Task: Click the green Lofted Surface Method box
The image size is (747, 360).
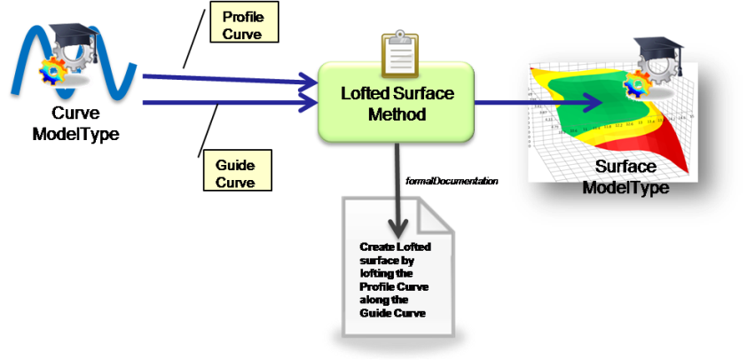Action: [x=397, y=100]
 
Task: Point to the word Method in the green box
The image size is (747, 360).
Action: [x=397, y=114]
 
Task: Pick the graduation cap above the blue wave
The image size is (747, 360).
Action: [x=66, y=35]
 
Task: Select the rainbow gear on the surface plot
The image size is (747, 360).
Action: [x=634, y=87]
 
